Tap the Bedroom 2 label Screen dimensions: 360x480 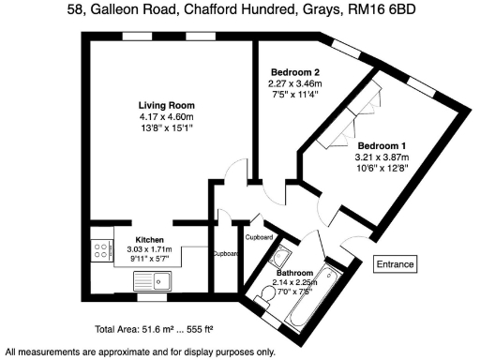pyautogui.click(x=295, y=72)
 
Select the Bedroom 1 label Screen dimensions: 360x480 pyautogui.click(x=382, y=145)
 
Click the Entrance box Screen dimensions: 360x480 pyautogui.click(x=395, y=264)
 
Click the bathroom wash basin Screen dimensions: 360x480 pyautogui.click(x=279, y=256)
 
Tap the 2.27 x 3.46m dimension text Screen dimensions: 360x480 pyautogui.click(x=295, y=82)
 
